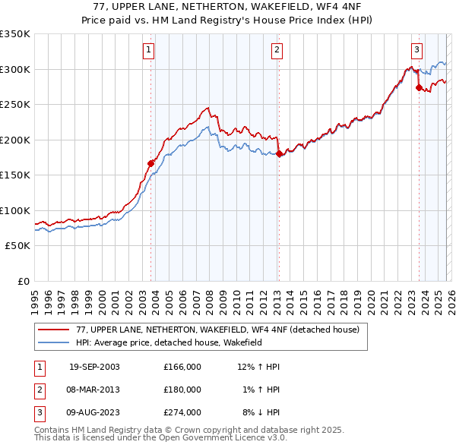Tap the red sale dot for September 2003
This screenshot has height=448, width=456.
coord(151,162)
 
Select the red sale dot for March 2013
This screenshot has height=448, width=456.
coord(279,153)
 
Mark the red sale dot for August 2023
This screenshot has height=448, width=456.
coord(419,87)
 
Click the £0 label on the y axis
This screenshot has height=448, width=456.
coord(23,281)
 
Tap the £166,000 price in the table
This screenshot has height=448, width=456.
coord(182,367)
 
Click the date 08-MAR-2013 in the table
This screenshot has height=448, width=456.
coord(94,389)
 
